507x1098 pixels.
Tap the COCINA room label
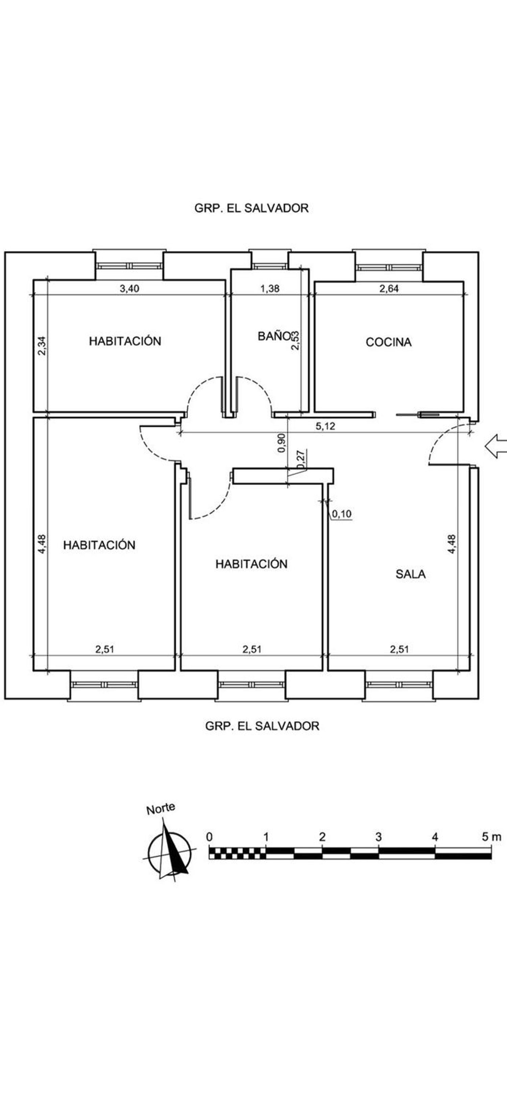click(x=388, y=342)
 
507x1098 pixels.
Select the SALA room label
click(x=410, y=574)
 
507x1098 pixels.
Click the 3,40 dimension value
click(x=129, y=288)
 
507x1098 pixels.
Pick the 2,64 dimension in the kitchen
click(x=389, y=288)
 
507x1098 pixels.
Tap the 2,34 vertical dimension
click(x=41, y=346)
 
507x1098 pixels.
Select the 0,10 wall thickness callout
click(x=342, y=514)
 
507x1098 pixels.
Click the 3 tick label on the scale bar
click(x=378, y=837)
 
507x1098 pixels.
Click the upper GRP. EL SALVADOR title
click(x=251, y=208)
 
